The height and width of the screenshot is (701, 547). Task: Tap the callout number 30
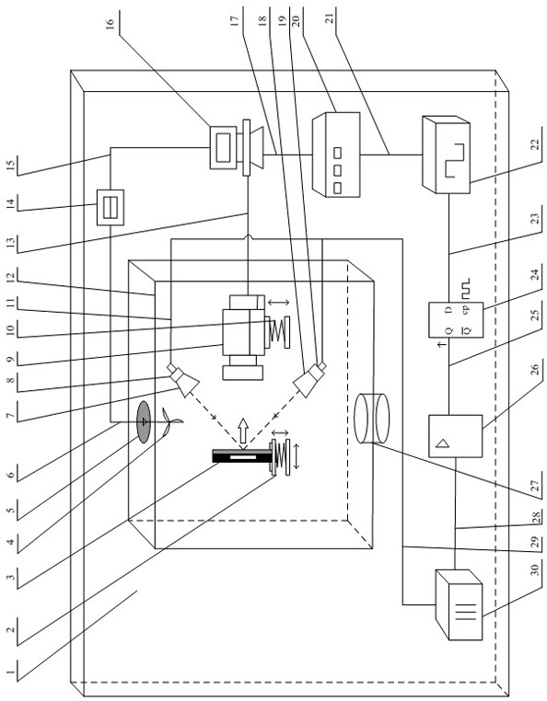coord(536,569)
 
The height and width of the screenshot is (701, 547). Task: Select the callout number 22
coord(536,144)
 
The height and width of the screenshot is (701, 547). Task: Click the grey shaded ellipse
coord(144,421)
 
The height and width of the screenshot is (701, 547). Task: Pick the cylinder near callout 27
coord(371,418)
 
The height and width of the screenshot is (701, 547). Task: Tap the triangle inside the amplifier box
coord(443,443)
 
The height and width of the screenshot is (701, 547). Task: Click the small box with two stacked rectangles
coord(111,207)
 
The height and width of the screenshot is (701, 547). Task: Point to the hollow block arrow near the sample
coord(243,431)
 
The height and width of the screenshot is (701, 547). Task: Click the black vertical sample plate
coord(242,455)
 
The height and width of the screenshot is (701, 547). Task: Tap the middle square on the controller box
coord(338,170)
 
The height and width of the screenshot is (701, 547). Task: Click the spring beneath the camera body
coord(278,332)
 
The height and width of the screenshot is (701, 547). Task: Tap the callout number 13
coord(11,243)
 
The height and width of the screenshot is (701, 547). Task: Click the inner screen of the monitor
coord(225,146)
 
